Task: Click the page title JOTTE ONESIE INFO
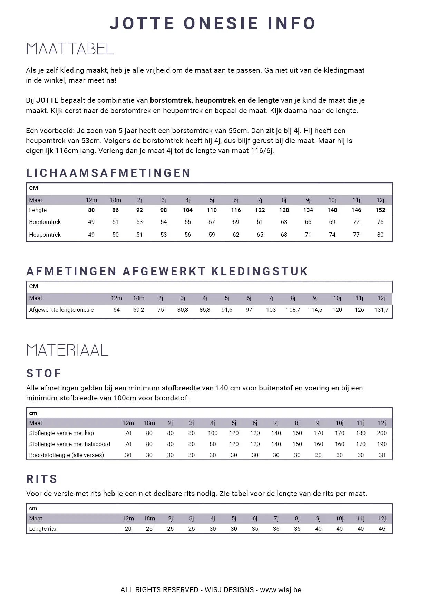[x=213, y=23]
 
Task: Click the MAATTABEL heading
[x=70, y=49]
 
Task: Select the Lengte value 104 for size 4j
[x=187, y=210]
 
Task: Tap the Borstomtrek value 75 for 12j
[x=380, y=222]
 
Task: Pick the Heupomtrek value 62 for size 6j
[x=236, y=235]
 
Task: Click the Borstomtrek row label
[x=45, y=222]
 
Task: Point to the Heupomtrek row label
[x=45, y=235]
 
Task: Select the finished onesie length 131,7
[x=381, y=310]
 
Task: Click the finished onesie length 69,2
[x=138, y=310]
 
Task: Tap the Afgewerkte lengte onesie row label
[x=61, y=310]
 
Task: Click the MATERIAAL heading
[x=67, y=350]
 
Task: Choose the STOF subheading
[x=44, y=373]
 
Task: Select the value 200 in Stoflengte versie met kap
[x=381, y=433]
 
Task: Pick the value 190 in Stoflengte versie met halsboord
[x=381, y=444]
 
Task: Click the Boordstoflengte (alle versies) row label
[x=66, y=455]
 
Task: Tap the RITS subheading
[x=42, y=479]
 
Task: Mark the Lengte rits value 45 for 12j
[x=381, y=529]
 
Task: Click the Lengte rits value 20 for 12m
[x=128, y=529]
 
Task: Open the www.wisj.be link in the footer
[x=280, y=590]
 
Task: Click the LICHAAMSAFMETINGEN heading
[x=108, y=173]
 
